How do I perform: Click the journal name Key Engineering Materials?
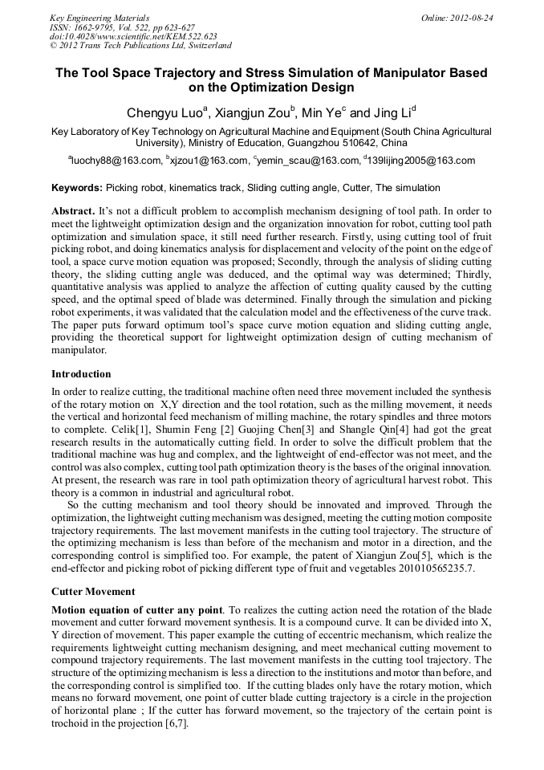99,17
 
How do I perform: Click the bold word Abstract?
72,210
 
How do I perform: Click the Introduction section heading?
81,374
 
